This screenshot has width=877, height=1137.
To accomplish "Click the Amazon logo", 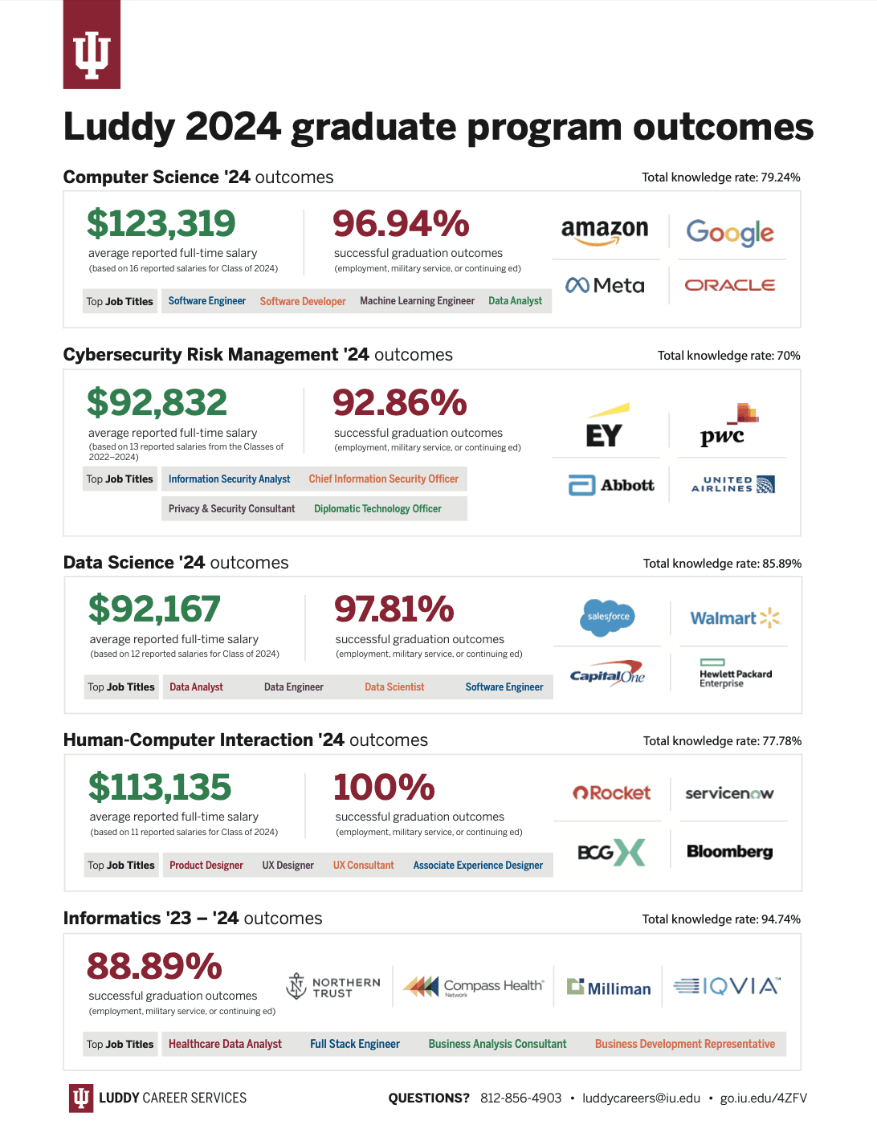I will point(605,231).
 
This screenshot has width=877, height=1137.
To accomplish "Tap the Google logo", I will point(729,233).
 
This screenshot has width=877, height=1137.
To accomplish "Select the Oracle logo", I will point(729,285).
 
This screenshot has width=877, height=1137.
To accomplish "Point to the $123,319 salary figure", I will point(161,223).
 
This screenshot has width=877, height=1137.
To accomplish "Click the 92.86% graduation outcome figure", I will point(400,402).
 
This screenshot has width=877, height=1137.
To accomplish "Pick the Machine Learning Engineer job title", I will point(417,301).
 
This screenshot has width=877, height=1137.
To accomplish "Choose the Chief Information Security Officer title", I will point(383,479).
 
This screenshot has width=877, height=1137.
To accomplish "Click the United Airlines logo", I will point(732,484).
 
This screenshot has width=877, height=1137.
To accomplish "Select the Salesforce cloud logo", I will point(608,617).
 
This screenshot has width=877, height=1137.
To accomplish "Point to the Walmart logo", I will point(735,617).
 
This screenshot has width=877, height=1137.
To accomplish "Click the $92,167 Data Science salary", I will point(154,609).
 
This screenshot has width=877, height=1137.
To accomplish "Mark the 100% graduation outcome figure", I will point(384,787).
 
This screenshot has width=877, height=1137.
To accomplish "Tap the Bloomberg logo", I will point(729,851).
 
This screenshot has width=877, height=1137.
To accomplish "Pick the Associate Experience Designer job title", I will point(478,866).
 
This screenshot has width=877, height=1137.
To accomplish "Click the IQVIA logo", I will point(726,985).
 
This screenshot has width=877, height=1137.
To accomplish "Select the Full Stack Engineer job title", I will point(355,1044).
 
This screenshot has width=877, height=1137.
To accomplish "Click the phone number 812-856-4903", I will point(520,1098).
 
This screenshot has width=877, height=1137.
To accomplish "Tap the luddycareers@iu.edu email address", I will point(641,1098).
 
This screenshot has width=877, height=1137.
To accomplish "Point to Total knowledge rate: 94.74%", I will point(721,919).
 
